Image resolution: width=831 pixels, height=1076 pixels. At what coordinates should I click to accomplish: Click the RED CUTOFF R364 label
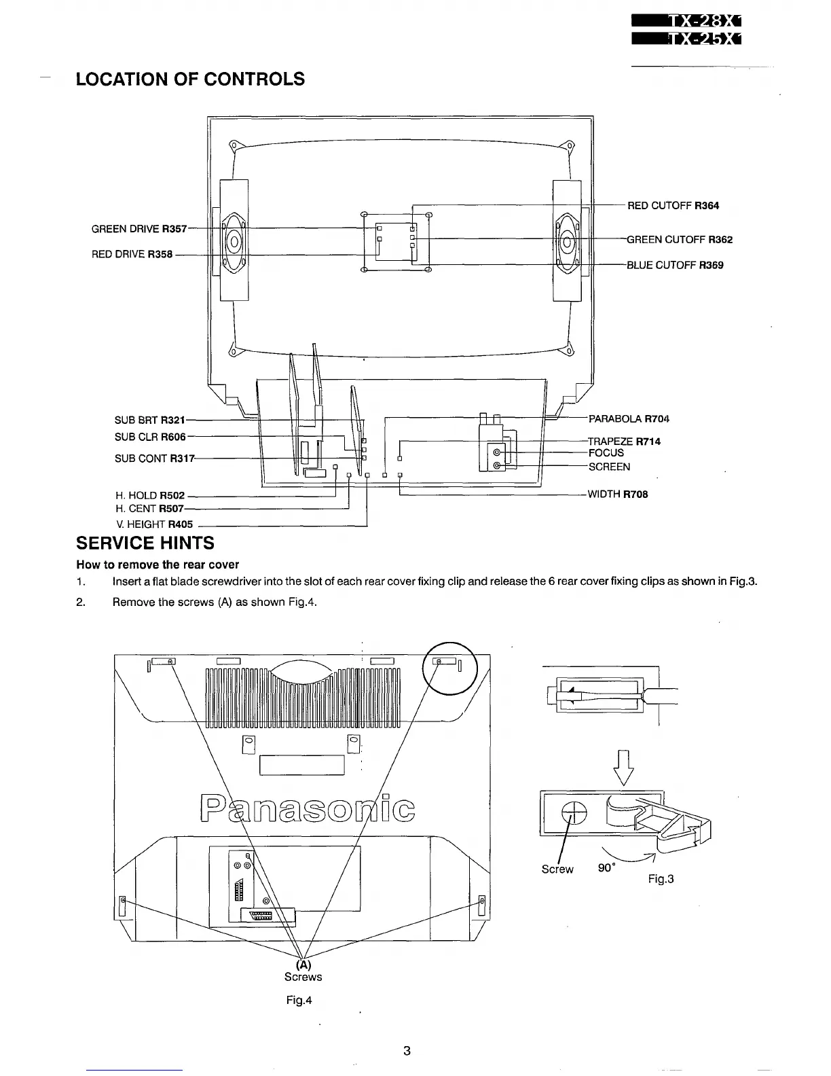(673, 206)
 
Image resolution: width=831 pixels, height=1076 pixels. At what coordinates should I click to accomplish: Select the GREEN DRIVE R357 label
(138, 229)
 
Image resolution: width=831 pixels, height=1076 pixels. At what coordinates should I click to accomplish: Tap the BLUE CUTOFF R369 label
(675, 266)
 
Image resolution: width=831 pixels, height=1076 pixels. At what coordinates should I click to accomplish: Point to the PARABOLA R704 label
(629, 419)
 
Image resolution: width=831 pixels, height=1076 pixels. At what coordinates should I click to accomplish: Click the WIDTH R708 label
(617, 495)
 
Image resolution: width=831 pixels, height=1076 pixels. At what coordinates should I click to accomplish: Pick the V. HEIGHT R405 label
(155, 524)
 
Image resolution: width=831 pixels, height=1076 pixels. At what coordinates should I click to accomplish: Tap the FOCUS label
(606, 453)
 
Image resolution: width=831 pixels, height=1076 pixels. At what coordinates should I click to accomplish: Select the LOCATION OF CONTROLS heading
(190, 79)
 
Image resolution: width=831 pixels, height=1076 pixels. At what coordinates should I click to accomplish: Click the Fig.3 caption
(661, 879)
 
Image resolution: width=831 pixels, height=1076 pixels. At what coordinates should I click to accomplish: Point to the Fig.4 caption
(299, 1001)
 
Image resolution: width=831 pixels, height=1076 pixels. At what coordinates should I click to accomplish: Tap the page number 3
(407, 1051)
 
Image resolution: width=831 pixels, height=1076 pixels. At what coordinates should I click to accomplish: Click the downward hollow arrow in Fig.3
(623, 766)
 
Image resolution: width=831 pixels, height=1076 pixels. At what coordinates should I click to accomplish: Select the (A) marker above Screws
(303, 965)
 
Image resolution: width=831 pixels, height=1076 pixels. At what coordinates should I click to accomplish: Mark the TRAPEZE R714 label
(624, 442)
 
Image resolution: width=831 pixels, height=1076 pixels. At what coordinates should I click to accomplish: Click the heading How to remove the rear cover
(158, 564)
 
